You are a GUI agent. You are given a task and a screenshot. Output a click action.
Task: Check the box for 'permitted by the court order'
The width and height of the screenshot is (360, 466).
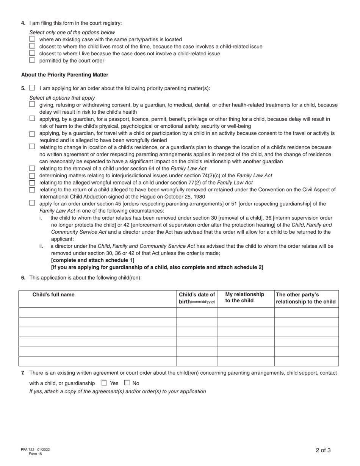[32, 60]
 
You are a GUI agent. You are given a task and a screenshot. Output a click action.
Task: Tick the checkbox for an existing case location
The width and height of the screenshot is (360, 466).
[32, 39]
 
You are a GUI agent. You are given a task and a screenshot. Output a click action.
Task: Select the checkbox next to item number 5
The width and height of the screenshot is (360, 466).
[32, 88]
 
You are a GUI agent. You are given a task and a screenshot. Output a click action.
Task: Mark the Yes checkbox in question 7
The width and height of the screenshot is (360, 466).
[104, 383]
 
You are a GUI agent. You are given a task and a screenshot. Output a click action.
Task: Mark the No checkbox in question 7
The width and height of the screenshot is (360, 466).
[127, 383]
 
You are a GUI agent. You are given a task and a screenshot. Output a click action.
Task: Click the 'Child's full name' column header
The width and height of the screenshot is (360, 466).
[53, 294]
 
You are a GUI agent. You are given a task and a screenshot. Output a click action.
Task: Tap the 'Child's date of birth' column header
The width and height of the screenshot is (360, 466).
[197, 298]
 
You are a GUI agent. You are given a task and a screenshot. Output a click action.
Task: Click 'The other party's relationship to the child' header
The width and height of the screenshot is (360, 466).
[306, 298]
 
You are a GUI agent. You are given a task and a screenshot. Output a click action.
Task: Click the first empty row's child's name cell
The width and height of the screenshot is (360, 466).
[97, 312]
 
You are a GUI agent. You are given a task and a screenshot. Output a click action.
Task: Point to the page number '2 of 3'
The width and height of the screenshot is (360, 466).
[323, 450]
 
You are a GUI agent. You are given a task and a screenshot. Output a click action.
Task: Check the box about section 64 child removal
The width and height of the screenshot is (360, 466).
[32, 168]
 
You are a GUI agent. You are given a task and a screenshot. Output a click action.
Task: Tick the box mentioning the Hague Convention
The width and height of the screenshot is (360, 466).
[32, 189]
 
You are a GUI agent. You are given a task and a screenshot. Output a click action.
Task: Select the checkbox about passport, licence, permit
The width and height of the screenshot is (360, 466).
[32, 119]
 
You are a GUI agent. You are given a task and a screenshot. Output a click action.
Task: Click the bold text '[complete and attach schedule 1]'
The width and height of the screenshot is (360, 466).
[92, 260]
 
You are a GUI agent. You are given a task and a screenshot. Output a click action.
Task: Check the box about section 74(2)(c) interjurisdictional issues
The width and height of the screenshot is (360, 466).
[32, 175]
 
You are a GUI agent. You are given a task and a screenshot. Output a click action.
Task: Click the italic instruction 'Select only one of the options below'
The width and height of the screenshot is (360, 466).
[72, 33]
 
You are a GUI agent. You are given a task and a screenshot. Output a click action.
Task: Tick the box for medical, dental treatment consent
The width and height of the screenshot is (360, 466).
[32, 104]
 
